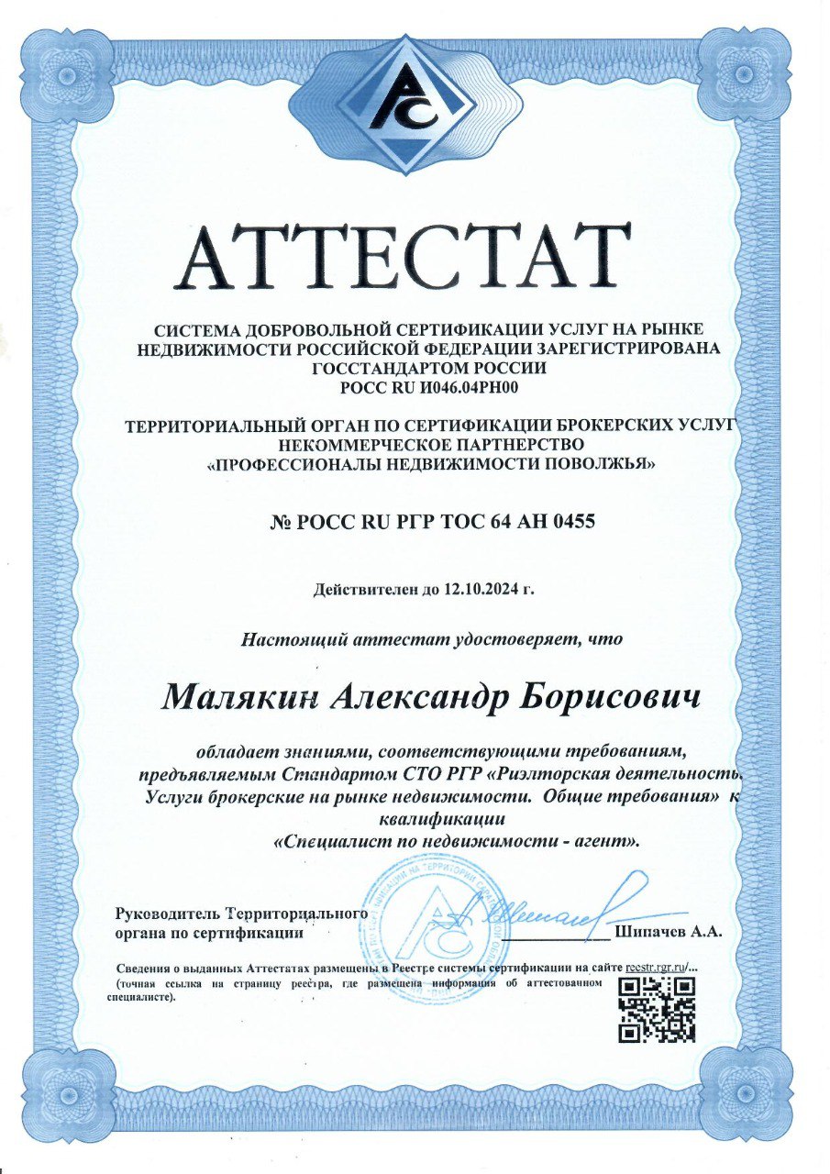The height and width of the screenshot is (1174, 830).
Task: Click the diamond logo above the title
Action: point(415,103)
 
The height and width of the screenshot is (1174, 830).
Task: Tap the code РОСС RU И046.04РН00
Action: point(415,387)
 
